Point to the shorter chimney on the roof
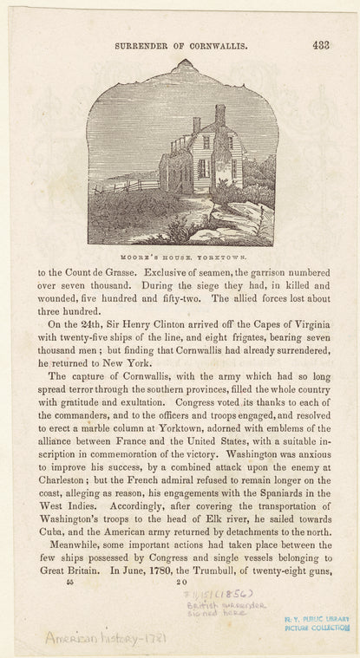tap(197, 127)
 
